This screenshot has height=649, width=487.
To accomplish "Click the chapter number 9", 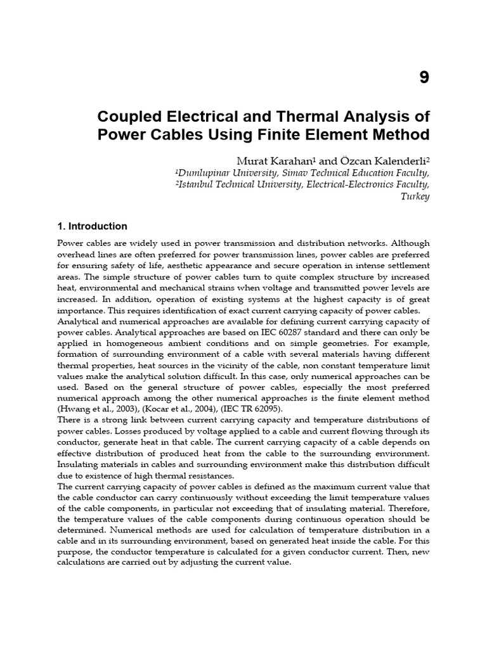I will tap(424, 78).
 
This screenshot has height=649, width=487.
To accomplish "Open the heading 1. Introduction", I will tap(93, 226).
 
